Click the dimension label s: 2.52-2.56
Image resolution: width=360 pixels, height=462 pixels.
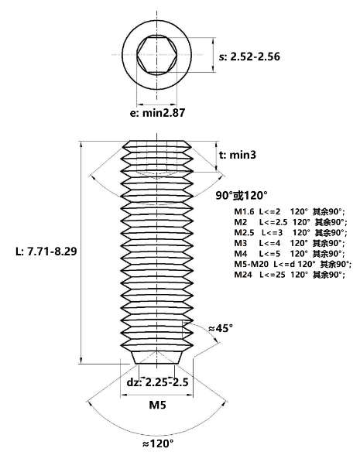(249, 56)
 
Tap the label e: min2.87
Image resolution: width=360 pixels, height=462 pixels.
(157, 113)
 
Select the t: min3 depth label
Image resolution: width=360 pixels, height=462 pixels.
(238, 155)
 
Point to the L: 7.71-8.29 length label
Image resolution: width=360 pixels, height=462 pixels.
(46, 252)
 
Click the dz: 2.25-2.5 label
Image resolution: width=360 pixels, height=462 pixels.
(157, 382)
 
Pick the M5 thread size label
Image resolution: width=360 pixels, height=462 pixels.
(157, 405)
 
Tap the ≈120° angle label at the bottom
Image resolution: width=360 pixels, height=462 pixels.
(158, 443)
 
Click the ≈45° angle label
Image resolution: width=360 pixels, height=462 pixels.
(221, 328)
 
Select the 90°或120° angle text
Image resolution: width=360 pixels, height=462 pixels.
(242, 195)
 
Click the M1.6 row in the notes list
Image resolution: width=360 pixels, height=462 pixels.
(290, 211)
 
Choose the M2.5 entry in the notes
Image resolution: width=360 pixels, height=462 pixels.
(291, 232)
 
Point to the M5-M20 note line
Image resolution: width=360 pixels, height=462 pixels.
(293, 264)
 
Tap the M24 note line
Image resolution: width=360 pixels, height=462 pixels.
(290, 275)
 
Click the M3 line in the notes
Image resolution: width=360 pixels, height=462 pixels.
(290, 243)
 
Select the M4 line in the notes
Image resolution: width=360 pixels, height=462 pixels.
(290, 254)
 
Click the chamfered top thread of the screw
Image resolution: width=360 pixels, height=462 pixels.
(157, 145)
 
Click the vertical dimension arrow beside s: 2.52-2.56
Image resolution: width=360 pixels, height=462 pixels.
(213, 54)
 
